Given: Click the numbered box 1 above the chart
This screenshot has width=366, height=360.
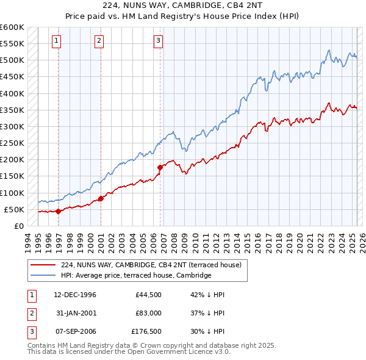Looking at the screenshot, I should pos(56,41).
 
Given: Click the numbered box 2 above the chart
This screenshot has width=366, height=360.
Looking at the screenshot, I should pos(99,41).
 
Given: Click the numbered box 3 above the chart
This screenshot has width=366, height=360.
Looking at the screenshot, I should pos(158,41).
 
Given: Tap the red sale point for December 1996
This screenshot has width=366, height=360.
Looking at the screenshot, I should pos(59,211).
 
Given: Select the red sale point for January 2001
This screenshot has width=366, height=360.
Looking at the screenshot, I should pos(101,198).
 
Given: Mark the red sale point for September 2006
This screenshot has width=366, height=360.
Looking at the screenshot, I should pos(160,167).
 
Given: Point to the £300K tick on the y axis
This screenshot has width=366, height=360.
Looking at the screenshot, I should pos(12,126).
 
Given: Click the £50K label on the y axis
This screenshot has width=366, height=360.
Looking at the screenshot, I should pos(15,209).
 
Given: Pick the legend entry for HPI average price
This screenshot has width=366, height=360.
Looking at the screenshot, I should pos(135,275).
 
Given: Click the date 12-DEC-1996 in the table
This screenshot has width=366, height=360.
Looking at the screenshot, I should pos(75,295).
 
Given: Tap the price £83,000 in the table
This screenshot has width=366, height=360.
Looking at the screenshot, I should pos(148,313).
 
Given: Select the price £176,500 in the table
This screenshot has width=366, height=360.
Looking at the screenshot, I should pos(146,331).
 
